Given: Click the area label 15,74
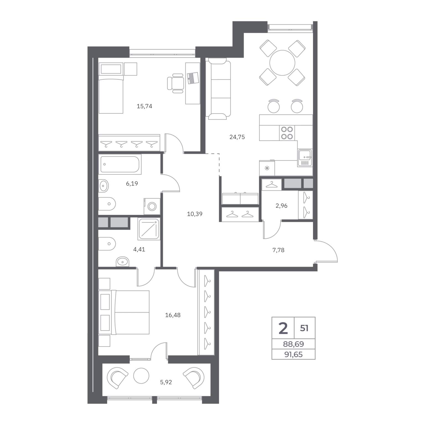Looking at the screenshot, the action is click(144, 106).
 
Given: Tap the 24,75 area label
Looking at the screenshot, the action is click(237, 137).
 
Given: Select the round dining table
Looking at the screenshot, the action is click(283, 63).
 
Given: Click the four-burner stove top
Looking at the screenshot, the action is click(287, 133).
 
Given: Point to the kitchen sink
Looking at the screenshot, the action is click(305, 158).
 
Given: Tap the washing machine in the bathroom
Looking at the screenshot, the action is click(152, 206).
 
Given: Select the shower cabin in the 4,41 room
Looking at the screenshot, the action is click(149, 229).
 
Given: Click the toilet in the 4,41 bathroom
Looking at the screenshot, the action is click(107, 244).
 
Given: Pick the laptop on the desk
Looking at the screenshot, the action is click(193, 78).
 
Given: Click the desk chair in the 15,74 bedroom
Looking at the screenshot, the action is click(175, 83).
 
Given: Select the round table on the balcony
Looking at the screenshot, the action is click(141, 375).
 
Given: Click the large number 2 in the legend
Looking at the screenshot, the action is click(283, 328).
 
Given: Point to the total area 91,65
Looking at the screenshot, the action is click(294, 354).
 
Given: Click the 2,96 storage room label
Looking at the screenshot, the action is click(281, 206).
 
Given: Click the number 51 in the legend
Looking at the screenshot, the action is click(304, 328).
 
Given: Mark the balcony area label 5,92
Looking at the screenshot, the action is click(166, 382).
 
